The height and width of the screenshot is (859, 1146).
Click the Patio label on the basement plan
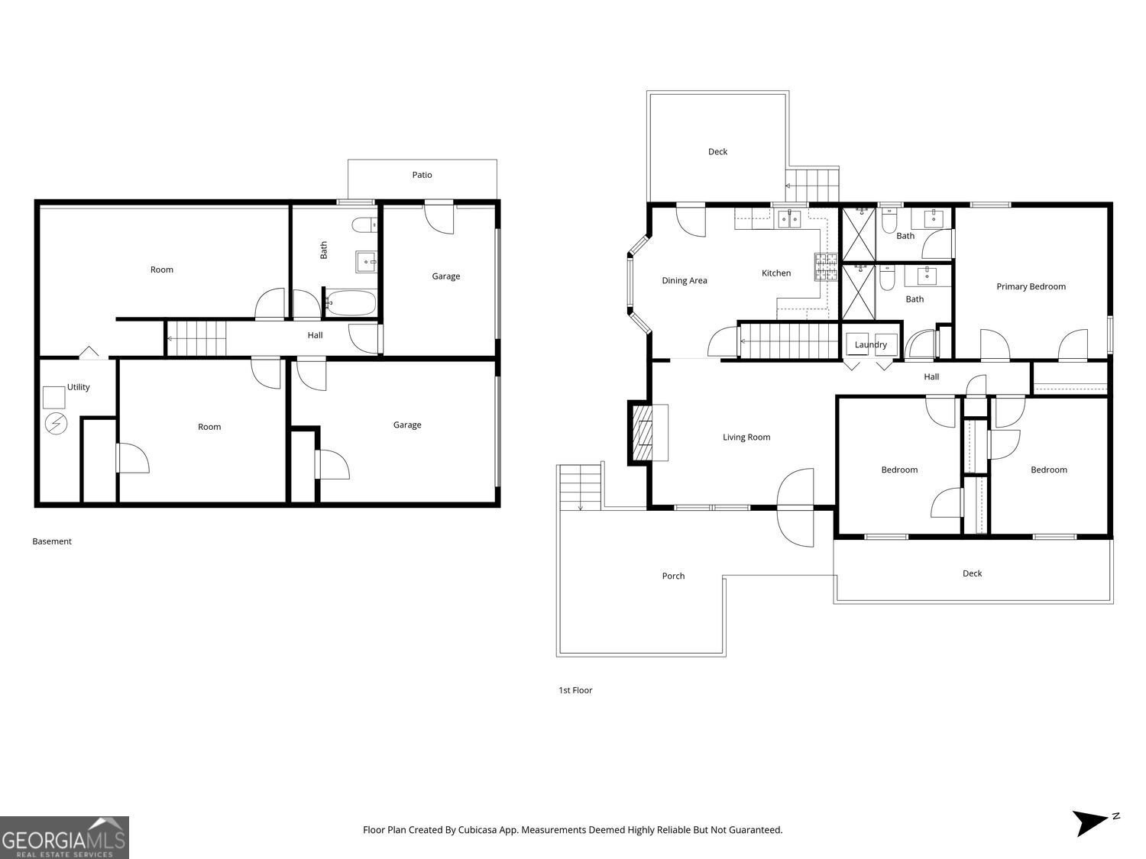coord(422,175)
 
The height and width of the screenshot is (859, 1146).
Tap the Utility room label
coord(78,387)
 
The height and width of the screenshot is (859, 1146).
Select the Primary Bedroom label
coord(1031,286)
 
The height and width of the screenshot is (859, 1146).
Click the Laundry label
coord(870,344)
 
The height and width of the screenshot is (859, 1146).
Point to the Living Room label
coord(746,438)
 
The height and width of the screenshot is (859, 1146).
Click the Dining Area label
coord(684,280)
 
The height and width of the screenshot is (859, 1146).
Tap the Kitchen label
coord(775,273)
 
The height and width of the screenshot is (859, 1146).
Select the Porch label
coord(673,576)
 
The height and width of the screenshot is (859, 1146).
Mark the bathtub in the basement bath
coord(351,302)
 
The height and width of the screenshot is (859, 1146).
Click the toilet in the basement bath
coord(364,224)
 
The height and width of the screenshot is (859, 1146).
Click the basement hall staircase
coord(197,338)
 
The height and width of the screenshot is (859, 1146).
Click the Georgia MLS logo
coord(64,838)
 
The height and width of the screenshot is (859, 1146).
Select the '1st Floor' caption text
coord(575,690)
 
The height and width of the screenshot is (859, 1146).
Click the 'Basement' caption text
coord(52,541)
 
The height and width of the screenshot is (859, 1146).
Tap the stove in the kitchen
coord(825,267)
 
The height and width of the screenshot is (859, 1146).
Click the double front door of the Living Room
coord(795,507)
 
